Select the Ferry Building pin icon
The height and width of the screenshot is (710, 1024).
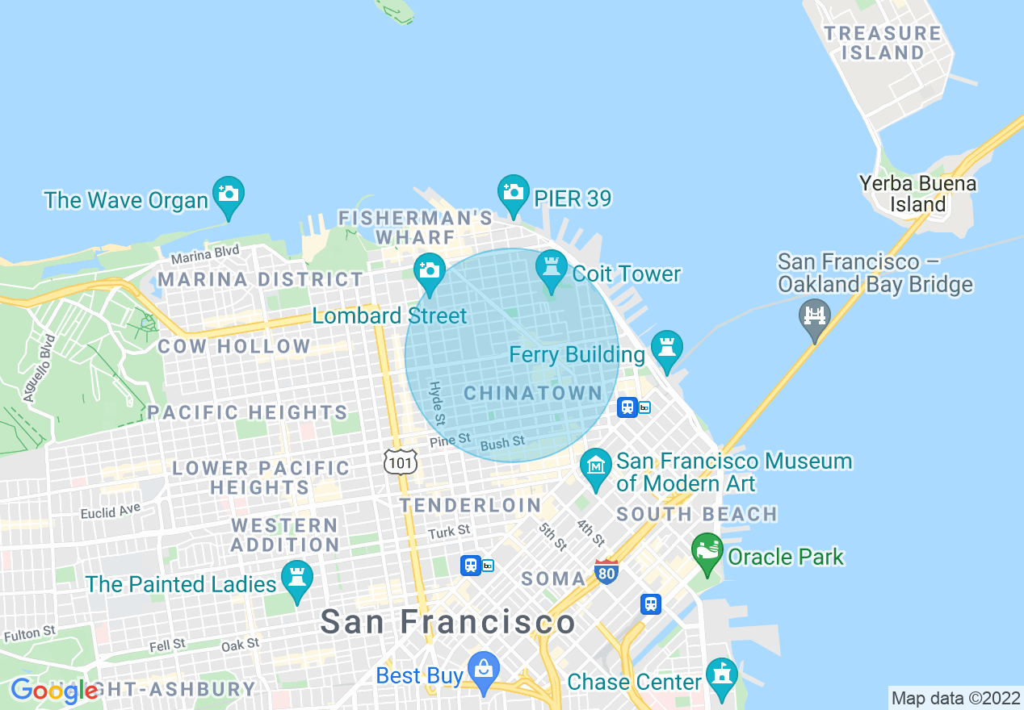coord(667,349)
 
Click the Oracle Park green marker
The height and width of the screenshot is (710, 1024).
coord(707,552)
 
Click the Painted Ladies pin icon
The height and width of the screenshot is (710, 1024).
coord(297,579)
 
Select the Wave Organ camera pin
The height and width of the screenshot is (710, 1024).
coord(229,195)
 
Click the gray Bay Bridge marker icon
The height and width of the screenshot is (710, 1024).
coord(815,316)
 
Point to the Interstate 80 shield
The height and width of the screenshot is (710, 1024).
coord(606,571)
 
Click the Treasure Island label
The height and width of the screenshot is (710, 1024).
coord(882,43)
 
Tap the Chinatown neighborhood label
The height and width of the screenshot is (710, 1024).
coord(533,394)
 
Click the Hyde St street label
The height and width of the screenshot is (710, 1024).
coord(437,403)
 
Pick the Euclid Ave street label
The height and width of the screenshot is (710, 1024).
coord(111,512)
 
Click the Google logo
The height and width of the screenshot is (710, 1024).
coord(53,691)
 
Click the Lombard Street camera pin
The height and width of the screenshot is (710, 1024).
coord(429,272)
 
